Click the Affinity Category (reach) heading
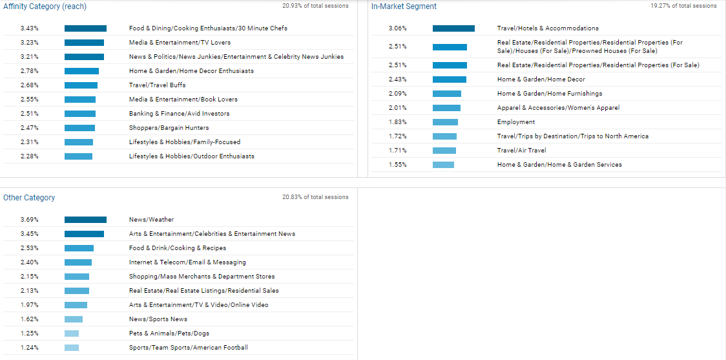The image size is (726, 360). click(45, 6)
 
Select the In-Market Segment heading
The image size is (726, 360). click(404, 6)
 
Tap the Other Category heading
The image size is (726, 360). click(29, 198)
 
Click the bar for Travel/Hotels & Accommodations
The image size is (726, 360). click(453, 28)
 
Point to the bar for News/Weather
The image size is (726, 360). click(85, 220)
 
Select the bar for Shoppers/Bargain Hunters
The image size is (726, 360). click(79, 128)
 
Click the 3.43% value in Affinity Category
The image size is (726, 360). click(30, 28)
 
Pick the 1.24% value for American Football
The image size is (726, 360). click(30, 348)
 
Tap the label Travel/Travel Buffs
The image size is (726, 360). click(157, 85)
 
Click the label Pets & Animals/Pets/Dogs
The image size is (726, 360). click(169, 334)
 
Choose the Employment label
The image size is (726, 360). click(516, 122)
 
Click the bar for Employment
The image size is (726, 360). click(445, 122)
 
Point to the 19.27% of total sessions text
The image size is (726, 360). click(683, 6)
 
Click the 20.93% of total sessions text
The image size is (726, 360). click(315, 6)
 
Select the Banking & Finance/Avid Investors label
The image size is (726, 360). click(179, 114)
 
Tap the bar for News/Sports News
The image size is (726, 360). click(74, 319)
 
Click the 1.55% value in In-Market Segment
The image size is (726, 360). click(398, 165)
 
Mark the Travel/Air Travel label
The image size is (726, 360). click(521, 151)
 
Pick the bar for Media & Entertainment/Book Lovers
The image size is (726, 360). click(80, 100)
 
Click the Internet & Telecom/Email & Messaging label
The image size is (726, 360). click(187, 262)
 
